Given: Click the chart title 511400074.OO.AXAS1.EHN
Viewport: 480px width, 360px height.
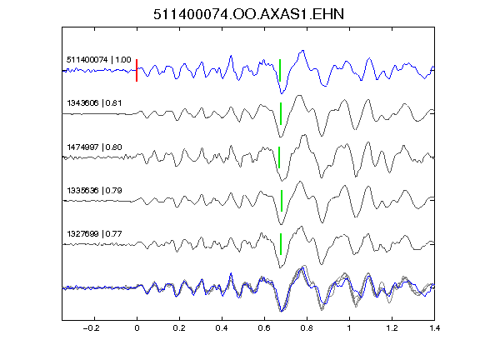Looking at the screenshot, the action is coord(248,14).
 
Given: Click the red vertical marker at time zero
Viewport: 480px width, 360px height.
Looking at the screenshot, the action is coord(137,70).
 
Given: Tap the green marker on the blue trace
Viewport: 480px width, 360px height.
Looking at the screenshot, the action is coord(280,70).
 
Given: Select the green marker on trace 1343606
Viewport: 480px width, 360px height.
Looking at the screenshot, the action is coord(281,113).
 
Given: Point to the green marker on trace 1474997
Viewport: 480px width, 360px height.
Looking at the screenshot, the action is coord(279,157).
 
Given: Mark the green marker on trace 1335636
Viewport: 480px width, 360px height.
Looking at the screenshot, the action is coord(282,201).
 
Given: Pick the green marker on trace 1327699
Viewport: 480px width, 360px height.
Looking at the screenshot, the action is coord(281,244).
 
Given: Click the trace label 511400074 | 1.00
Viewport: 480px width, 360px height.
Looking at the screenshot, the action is coord(99,60).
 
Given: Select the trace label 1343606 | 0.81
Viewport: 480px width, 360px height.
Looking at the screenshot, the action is coord(94,103).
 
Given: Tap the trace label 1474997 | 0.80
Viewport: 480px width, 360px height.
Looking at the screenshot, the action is coord(94,147).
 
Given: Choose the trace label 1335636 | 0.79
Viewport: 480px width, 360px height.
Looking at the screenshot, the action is coord(94,191).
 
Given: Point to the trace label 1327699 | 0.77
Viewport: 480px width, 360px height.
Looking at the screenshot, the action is coord(94,234).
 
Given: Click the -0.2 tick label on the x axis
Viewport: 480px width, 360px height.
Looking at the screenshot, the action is coord(91,328).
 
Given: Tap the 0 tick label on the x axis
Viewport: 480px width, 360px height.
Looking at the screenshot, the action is coord(137,328).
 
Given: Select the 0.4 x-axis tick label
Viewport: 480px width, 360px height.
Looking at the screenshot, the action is coord(222,328).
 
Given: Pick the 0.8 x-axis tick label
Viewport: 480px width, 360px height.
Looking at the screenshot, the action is coord(307,328).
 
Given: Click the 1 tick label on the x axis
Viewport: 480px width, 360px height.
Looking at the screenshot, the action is coord(349,328).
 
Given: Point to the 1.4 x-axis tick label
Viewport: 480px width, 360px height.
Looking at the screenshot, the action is coord(434,328).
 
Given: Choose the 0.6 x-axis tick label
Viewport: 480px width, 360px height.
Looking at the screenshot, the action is coord(264,328).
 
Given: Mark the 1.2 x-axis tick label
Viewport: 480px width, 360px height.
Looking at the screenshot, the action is coord(392,328).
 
